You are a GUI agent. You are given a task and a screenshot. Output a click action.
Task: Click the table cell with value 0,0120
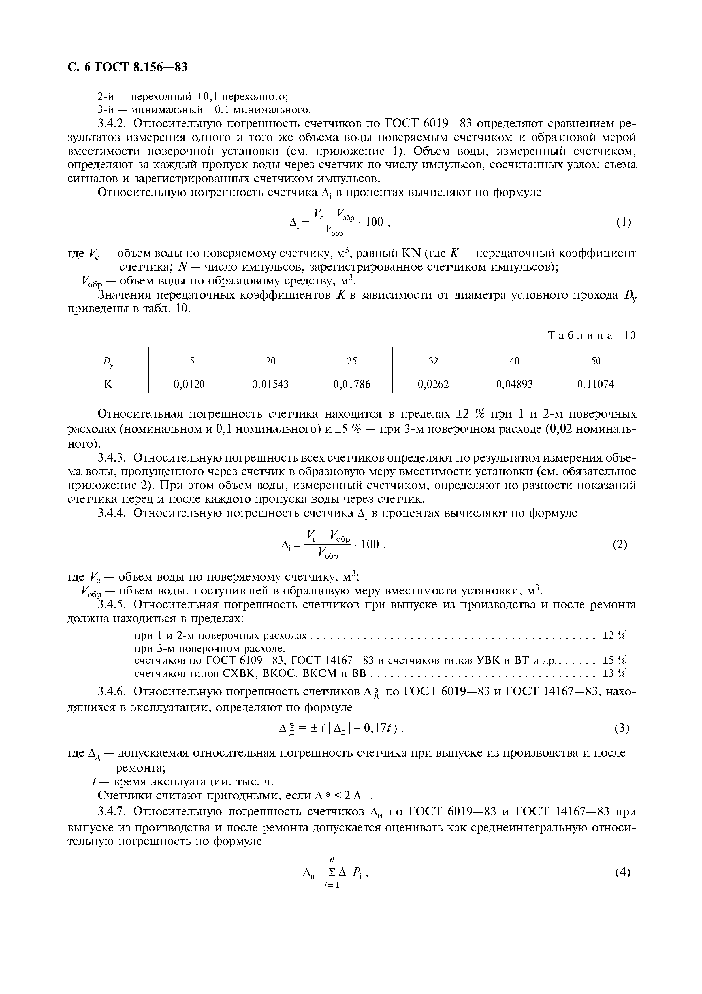[x=189, y=384]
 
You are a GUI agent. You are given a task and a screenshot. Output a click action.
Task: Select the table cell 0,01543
[x=270, y=384]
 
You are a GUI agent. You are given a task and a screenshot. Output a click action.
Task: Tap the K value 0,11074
[x=596, y=384]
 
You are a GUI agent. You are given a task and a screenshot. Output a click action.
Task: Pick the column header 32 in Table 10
[x=433, y=361]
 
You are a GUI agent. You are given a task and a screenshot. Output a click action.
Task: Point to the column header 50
[x=596, y=361]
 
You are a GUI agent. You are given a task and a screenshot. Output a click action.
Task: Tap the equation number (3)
[x=622, y=728]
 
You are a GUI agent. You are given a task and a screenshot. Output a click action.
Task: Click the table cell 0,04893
[x=514, y=384]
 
